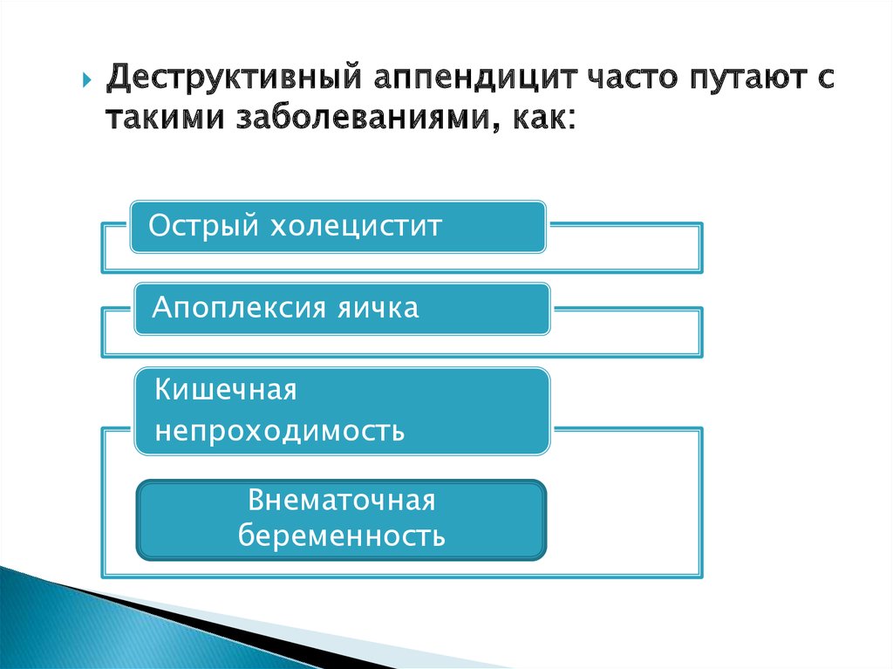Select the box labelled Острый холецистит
coord(338,227)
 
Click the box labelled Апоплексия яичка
coord(342,308)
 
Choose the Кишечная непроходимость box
coord(342,411)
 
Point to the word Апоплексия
coord(228,308)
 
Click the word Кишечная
coord(226,390)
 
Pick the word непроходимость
coord(279,431)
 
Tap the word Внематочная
coord(341,501)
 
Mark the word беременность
coord(341,535)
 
